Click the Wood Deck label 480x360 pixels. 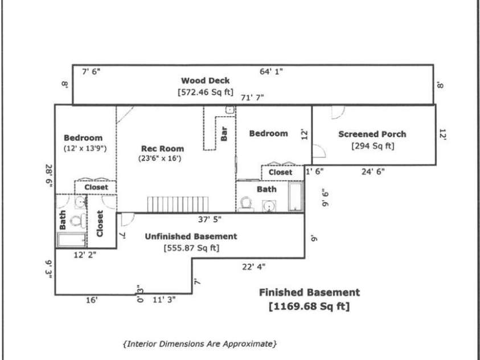pos(205,81)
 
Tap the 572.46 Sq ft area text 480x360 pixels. pos(206,91)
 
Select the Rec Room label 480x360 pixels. pos(163,149)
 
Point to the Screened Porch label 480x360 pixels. pos(372,134)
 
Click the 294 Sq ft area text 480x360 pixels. pos(373,146)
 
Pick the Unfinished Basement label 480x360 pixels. pos(191,236)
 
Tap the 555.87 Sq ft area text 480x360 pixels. pos(191,248)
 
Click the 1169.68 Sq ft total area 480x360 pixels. pos(309,306)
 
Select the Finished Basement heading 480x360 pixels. pos(309,293)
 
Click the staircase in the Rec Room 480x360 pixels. pos(179,203)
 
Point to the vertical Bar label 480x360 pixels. pos(224,134)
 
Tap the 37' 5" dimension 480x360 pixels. pos(210,219)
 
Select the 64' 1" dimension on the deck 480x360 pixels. pos(271,71)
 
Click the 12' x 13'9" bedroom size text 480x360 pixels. pos(83,148)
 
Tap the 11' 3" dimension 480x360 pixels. pos(163,300)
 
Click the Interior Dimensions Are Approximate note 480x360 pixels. pos(200,344)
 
